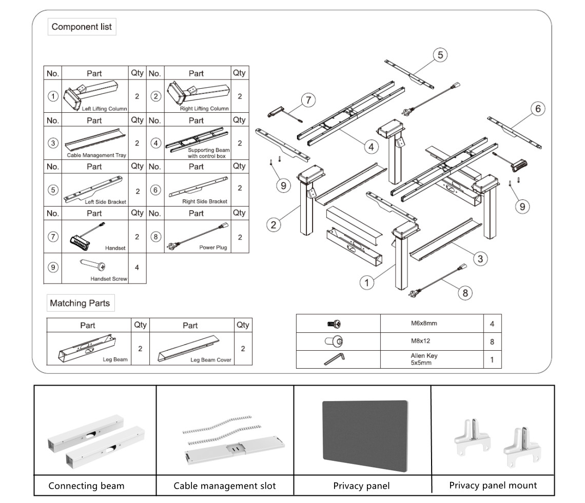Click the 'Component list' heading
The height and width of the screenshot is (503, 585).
(82, 27)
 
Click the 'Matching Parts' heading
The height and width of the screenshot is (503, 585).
(80, 303)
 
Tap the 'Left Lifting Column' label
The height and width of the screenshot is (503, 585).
(105, 109)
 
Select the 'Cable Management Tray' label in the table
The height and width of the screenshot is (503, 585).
(96, 155)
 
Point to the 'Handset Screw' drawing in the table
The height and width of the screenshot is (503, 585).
(92, 265)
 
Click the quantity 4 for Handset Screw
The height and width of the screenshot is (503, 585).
(137, 267)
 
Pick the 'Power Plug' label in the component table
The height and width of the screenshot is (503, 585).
(213, 247)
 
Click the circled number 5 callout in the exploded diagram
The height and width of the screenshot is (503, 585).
(440, 55)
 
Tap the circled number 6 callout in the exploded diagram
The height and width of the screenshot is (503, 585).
(538, 109)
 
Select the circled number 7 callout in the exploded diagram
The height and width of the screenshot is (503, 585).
(308, 100)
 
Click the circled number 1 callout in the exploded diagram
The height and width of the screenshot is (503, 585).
(367, 283)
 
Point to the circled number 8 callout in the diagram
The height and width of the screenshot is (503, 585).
(465, 293)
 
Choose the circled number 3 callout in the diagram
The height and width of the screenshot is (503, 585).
(480, 259)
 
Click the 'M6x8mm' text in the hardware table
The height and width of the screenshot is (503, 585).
(424, 323)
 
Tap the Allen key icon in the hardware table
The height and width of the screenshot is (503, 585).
(334, 359)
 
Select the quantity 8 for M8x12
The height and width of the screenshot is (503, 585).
(492, 341)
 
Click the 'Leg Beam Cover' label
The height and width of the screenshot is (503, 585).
(211, 360)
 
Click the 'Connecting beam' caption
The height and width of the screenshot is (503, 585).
(86, 486)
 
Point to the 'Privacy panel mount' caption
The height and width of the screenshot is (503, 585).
(493, 485)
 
